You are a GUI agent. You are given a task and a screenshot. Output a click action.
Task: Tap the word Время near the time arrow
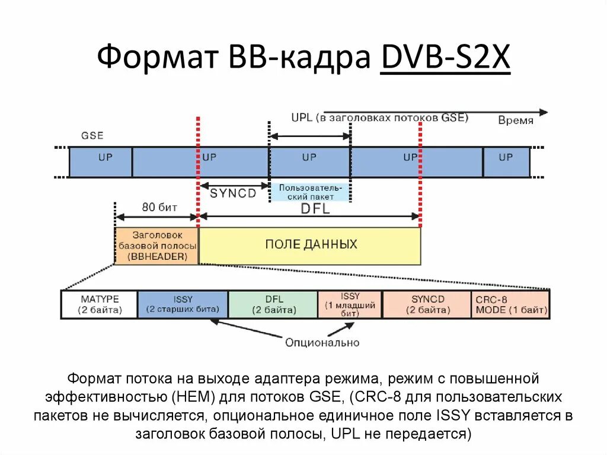515,120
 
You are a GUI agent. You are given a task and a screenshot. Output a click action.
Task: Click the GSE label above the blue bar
92,136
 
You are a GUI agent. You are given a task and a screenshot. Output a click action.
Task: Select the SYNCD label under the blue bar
233,193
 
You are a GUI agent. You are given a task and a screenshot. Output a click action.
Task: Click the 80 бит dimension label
156,208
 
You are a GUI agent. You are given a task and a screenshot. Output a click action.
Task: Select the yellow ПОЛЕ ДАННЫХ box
310,244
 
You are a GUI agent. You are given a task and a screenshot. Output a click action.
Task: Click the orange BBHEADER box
156,246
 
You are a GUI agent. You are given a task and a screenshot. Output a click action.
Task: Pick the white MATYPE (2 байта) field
100,304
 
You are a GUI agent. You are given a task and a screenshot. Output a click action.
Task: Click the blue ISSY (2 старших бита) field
183,304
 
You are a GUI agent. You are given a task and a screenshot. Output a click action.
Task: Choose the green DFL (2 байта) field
273,304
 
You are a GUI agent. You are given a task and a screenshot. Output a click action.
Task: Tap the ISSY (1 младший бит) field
350,304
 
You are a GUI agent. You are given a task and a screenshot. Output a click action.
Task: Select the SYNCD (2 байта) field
427,304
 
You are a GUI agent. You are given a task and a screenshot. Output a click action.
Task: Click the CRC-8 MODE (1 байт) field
510,304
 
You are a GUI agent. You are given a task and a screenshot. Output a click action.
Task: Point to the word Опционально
322,342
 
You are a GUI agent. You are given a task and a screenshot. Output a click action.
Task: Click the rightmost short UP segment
506,162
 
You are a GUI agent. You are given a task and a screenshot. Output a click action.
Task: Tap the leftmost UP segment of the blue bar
101,162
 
